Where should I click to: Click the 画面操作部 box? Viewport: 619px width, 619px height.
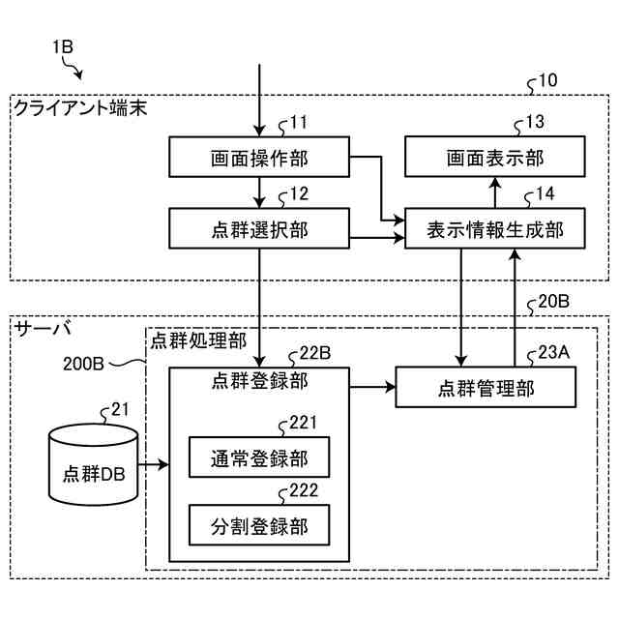click(258, 157)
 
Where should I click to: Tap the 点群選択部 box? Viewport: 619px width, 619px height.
click(258, 228)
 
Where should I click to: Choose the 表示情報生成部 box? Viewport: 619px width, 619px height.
click(494, 229)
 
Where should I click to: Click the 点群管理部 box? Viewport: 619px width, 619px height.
click(486, 389)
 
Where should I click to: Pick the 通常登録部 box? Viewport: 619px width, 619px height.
click(258, 459)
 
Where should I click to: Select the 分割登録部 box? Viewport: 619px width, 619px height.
click(258, 527)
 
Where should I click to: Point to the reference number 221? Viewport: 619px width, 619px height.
click(303, 423)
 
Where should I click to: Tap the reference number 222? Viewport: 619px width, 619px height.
click(303, 492)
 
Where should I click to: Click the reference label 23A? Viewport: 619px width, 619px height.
click(552, 353)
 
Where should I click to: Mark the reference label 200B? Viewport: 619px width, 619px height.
click(84, 365)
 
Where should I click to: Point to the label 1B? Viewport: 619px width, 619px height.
click(60, 45)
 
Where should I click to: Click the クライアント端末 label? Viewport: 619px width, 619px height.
click(80, 108)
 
